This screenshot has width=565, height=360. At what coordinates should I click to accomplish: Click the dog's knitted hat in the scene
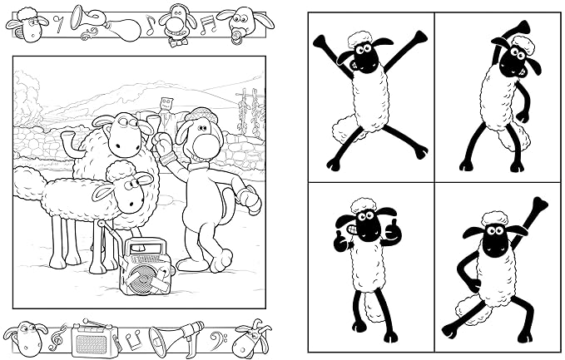200,116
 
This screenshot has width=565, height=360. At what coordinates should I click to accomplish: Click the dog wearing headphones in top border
176,18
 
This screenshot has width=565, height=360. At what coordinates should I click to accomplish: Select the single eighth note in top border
151,25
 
